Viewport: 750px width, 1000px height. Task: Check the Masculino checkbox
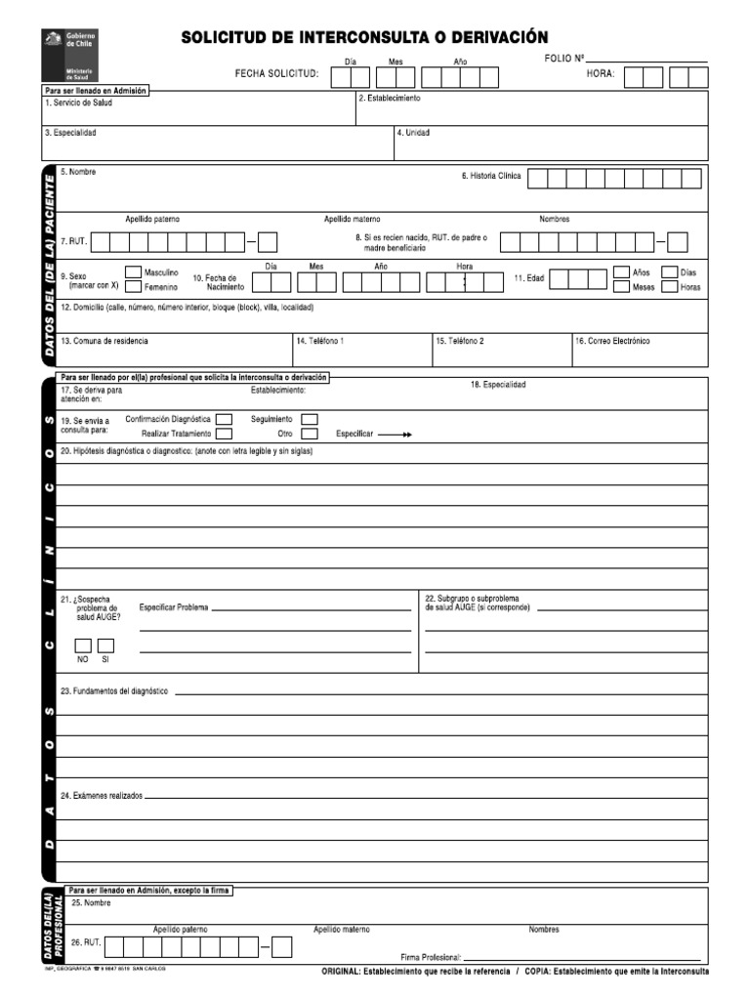[x=133, y=272]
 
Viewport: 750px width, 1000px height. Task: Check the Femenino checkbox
[x=133, y=288]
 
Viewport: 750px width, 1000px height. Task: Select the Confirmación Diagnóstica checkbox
[x=224, y=419]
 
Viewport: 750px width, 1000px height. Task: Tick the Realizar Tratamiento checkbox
[x=224, y=434]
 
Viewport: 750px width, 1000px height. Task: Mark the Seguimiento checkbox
[x=310, y=419]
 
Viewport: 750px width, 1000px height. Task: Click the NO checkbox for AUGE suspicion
[x=83, y=646]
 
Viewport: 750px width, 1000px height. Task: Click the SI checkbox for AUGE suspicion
[x=105, y=646]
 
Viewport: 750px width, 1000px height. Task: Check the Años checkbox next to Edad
[x=621, y=272]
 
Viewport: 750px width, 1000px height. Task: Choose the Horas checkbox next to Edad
[x=669, y=288]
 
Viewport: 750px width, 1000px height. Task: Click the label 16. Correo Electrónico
[x=612, y=341]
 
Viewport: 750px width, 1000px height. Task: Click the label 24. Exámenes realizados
[x=101, y=796]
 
